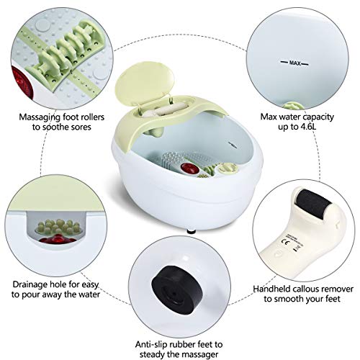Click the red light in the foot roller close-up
point(18,65)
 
